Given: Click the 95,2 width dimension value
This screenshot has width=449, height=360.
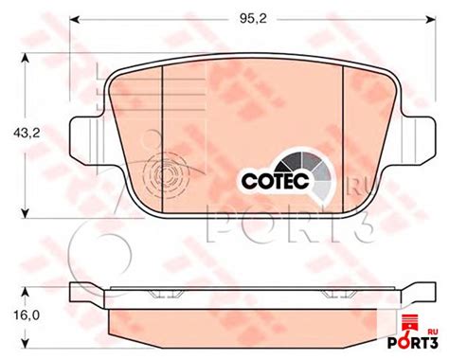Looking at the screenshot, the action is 253,19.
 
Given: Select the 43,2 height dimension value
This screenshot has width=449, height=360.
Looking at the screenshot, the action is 27,133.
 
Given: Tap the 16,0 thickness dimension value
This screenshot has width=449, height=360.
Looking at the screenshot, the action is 27,315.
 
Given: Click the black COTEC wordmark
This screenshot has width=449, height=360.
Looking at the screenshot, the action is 275,181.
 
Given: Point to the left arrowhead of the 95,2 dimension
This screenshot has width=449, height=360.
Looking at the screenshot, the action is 74,19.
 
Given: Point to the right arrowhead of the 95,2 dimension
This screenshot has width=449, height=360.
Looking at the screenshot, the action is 431,19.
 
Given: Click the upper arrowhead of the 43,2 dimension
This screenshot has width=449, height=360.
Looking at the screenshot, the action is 26,58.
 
